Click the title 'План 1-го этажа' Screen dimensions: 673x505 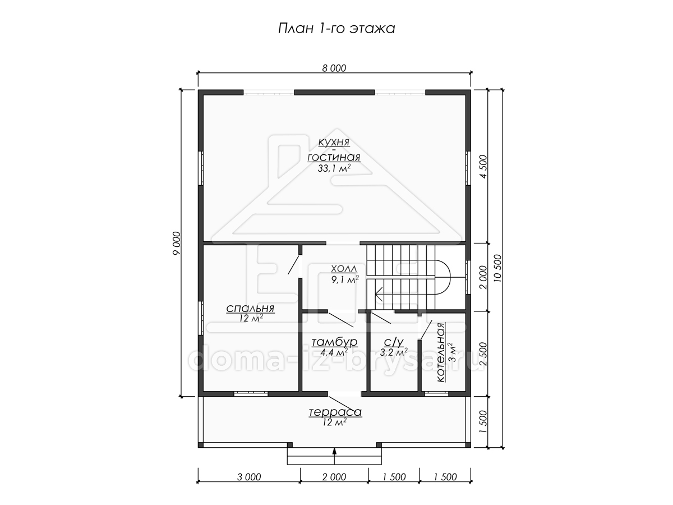click(x=336, y=29)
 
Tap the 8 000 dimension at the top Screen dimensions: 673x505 click(x=334, y=68)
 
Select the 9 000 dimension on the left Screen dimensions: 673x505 click(x=177, y=243)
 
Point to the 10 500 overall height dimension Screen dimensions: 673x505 click(x=497, y=268)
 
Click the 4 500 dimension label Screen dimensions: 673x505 click(x=483, y=167)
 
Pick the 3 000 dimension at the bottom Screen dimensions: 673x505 click(x=249, y=477)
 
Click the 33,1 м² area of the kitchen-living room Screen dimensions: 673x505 click(x=334, y=168)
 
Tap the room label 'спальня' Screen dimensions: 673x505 click(x=250, y=308)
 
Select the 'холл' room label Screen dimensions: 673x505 click(x=344, y=269)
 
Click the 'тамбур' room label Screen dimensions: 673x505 click(x=334, y=342)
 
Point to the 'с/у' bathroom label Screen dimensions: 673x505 click(x=394, y=342)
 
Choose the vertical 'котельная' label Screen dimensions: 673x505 click(x=441, y=352)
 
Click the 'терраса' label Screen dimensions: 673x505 click(x=335, y=412)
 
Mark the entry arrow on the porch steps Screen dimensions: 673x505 click(x=334, y=456)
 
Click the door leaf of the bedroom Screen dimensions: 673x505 click(x=293, y=264)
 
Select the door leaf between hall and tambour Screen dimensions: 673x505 click(x=340, y=320)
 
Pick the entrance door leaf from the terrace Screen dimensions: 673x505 click(x=340, y=405)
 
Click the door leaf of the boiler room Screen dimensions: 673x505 click(x=426, y=329)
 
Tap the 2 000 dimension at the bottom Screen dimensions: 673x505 click(x=334, y=477)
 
